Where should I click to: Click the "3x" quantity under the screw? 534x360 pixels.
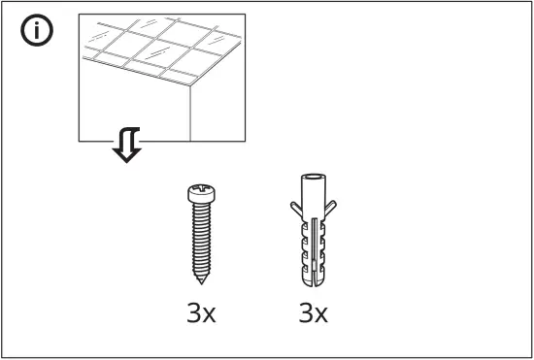(x=202, y=315)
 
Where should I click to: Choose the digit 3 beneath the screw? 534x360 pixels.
(x=193, y=315)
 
